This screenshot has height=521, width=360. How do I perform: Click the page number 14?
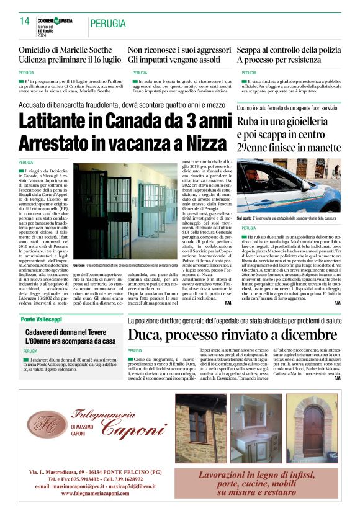click(24, 21)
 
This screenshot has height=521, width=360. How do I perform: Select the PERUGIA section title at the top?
click(108, 24)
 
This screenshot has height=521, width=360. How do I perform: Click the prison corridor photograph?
click(126, 200)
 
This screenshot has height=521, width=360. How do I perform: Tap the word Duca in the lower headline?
click(146, 336)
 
